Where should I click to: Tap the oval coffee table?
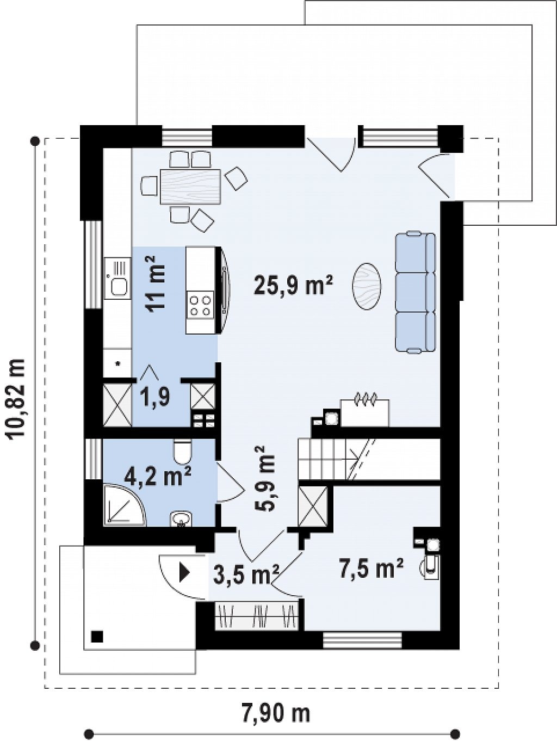pyautogui.click(x=367, y=286)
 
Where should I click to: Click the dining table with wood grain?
pyautogui.click(x=190, y=187)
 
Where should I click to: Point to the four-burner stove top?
pyautogui.click(x=200, y=306)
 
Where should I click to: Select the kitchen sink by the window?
pyautogui.click(x=117, y=278)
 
